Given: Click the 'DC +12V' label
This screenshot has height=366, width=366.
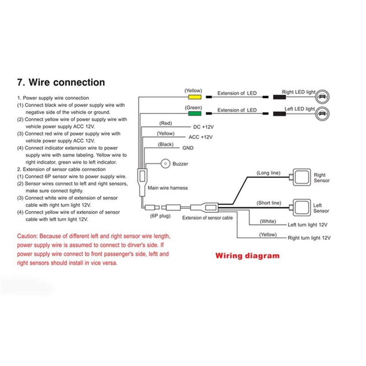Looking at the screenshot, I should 203,127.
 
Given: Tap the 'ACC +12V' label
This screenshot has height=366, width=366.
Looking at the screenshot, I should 200,137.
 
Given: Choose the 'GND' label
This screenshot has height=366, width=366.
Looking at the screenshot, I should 188,148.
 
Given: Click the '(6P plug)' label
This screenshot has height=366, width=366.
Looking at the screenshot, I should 161,216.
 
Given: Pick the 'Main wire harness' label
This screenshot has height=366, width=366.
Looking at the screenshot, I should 168,188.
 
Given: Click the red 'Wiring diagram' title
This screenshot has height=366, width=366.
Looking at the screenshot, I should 247,255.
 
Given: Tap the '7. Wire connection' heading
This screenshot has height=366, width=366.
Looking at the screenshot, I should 61,82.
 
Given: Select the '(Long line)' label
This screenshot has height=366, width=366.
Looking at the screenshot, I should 268,173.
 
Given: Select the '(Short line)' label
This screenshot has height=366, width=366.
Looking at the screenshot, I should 269,202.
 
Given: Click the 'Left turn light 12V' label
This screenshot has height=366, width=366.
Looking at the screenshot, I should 307,224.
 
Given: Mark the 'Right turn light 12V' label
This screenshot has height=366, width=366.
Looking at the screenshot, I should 309,238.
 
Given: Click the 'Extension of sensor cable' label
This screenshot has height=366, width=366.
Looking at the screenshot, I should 208,218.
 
